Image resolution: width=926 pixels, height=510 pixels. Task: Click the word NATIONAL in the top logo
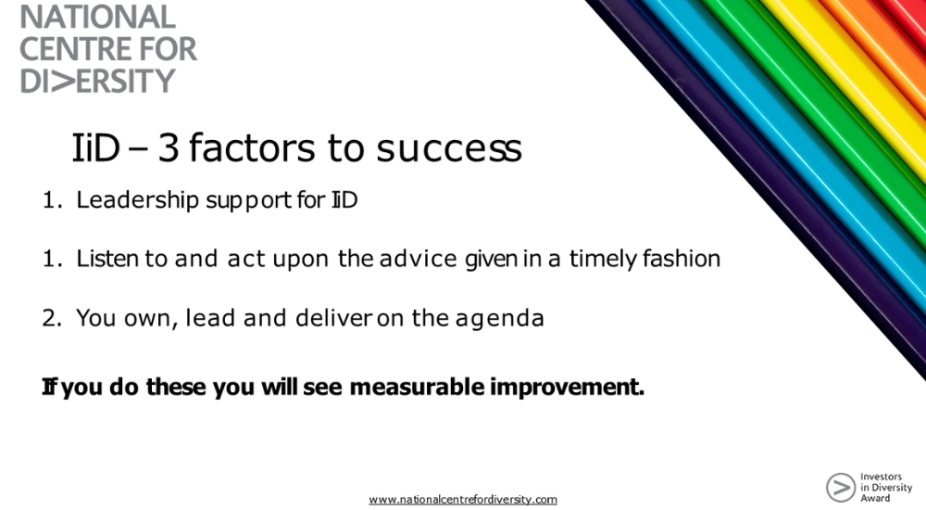(x=97, y=17)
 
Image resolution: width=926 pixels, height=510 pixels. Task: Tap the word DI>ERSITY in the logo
(x=97, y=81)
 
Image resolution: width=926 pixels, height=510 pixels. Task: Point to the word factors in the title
(x=250, y=148)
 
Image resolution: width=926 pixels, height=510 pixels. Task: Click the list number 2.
(x=50, y=318)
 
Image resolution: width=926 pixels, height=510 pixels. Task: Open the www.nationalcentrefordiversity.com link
(x=463, y=499)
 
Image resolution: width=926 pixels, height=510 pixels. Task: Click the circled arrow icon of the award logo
(x=840, y=487)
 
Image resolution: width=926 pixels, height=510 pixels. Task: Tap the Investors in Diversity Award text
(x=885, y=487)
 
